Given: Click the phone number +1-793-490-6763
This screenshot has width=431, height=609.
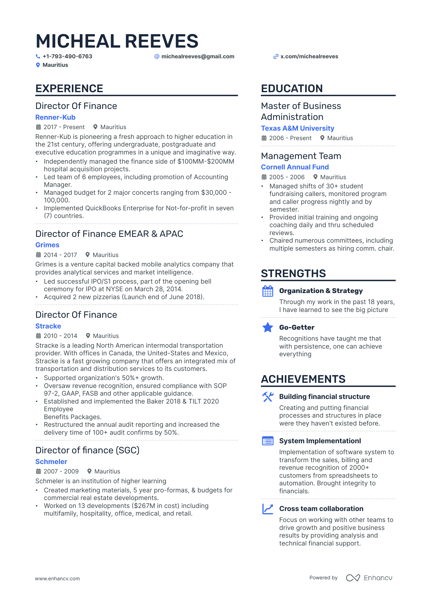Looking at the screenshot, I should coord(67,56).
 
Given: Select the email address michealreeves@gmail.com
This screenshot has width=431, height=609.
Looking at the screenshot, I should coord(197,56).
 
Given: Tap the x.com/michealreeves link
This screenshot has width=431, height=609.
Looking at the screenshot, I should coord(309,56).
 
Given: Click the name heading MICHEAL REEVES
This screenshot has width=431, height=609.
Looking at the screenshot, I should coord(117,41).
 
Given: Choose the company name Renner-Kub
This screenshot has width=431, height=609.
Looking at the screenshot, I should coord(55,117).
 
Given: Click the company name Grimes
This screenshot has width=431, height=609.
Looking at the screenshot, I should coord(47,245).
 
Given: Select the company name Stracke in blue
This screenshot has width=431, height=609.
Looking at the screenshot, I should coord(48,326).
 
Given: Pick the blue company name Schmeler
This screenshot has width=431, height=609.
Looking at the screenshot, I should coord(51,462).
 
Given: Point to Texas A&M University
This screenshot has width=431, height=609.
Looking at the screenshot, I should coord(297,128).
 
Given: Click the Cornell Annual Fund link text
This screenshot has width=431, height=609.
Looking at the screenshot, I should coord(295,167).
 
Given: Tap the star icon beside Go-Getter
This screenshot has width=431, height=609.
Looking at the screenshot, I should coord(268,328).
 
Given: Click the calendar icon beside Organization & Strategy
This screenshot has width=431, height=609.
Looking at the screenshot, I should coord(268,291).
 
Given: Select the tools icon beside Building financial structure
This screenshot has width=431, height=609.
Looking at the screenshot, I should coord(268,397).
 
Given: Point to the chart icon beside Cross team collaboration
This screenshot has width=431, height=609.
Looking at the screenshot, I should coord(268,509).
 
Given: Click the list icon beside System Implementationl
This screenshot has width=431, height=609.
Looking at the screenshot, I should coord(268,441).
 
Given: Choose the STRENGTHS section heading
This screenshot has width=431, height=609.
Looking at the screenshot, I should coord(293,274).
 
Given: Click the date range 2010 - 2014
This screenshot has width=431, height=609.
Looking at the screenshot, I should coord(60,336).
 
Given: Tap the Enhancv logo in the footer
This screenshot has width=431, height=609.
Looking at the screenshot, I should coord(369,578).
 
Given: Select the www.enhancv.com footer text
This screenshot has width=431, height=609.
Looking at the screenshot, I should coord(57,578).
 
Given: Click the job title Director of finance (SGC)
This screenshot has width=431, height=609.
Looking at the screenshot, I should coord(87,450).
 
